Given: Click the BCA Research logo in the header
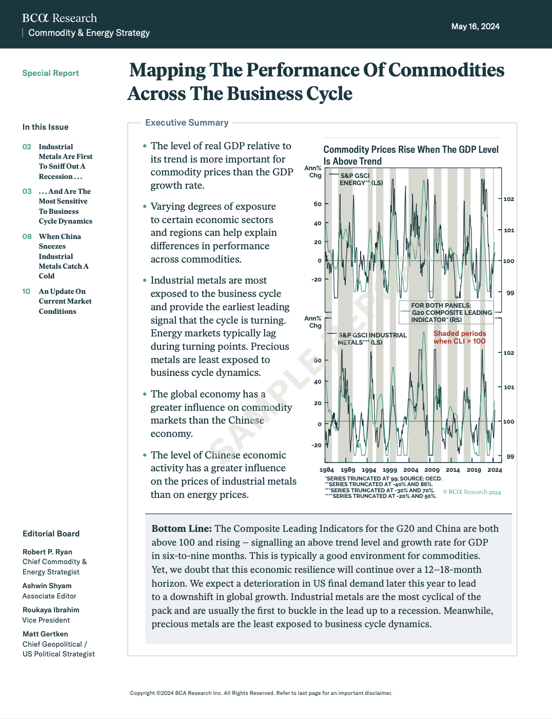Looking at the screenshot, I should point(60,18).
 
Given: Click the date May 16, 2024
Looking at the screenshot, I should point(475,27).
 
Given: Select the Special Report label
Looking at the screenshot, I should point(50,73).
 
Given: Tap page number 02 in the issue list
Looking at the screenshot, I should point(27,147).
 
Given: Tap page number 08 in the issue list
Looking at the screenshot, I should point(27,236).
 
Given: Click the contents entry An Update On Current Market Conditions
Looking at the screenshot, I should point(65,301).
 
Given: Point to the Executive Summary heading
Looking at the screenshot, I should point(187,123).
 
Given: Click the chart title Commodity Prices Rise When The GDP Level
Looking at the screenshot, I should point(410,149).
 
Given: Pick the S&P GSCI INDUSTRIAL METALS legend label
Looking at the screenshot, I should point(372,338).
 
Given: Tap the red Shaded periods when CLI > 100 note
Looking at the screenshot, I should point(459,337).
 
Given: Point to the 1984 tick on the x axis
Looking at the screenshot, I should point(327,470).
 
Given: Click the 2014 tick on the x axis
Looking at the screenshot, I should point(452,470).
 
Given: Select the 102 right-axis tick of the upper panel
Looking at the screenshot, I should point(508,199).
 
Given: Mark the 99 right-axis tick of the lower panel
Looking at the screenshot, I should point(510,456).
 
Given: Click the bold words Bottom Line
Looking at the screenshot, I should point(182,529).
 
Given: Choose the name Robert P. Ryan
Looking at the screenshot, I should point(47,552).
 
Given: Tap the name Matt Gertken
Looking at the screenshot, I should point(45,634).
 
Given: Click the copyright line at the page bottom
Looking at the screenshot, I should point(261,693).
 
